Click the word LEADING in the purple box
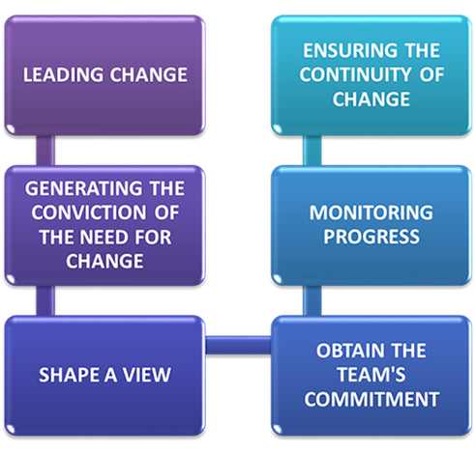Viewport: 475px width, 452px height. click(63, 74)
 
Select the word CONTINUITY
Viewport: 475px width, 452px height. click(355, 74)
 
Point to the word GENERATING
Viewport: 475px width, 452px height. click(83, 188)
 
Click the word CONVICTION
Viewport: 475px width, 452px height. click(89, 212)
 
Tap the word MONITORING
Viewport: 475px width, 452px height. click(371, 212)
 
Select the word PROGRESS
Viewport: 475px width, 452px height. click(371, 237)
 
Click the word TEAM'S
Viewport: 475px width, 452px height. click(371, 375)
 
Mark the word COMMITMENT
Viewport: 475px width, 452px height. click(371, 399)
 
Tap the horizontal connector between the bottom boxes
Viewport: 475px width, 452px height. click(238, 345)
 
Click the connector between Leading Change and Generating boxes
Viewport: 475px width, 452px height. click(45, 151)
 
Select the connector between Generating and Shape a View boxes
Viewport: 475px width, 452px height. click(45, 300)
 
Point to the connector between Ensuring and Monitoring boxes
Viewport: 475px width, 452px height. click(312, 151)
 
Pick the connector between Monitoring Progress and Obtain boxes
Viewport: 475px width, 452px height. click(312, 300)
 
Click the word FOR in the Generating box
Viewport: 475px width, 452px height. click(153, 238)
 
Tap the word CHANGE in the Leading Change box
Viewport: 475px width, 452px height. click(149, 74)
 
